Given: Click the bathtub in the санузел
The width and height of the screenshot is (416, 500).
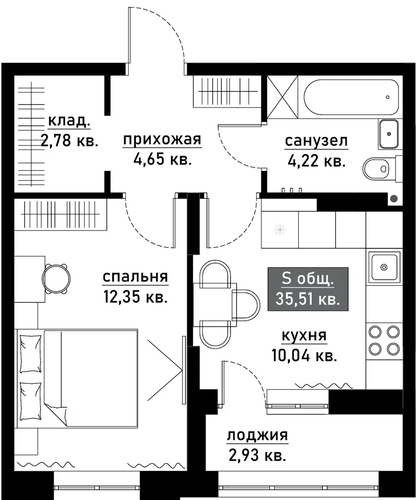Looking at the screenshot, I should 351,98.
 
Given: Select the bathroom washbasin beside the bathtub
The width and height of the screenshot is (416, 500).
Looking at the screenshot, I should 388,133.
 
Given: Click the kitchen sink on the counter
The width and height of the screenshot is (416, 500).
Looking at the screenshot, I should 384,267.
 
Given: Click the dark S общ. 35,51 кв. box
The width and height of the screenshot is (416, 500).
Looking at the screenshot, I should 308,288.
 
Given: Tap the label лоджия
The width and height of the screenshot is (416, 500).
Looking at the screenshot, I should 257,436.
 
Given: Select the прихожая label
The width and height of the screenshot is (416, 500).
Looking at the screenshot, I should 162,139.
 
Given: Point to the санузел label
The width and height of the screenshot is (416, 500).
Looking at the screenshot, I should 316,141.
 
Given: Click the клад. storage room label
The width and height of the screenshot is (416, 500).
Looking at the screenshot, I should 69,121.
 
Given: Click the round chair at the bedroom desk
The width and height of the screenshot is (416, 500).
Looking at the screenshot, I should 57,279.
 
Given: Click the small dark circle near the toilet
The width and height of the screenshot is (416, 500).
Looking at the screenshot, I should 394,199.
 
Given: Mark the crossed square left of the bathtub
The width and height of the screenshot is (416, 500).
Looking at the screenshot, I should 283,98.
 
